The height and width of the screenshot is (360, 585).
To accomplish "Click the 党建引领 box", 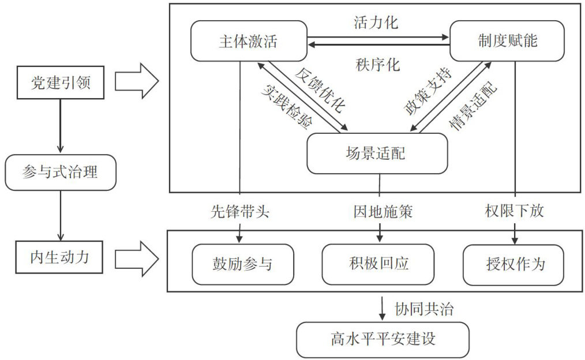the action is pyautogui.click(x=61, y=82).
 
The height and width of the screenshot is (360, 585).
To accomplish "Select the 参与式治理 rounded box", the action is pyautogui.click(x=61, y=172).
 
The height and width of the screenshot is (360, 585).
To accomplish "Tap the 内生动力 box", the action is pyautogui.click(x=59, y=257).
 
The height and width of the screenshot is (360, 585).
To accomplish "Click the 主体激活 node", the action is pyautogui.click(x=249, y=41).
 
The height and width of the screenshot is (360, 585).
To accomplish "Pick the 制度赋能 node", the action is pyautogui.click(x=507, y=40).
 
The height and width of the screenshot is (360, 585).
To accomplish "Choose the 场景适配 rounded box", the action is pyautogui.click(x=377, y=153).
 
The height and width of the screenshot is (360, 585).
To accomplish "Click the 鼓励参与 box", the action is pyautogui.click(x=243, y=264).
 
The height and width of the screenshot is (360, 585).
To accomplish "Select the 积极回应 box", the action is pyautogui.click(x=378, y=264).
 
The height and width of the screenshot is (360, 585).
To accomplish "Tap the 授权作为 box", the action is pyautogui.click(x=513, y=264).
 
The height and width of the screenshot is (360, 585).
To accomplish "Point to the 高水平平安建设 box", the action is pyautogui.click(x=382, y=340).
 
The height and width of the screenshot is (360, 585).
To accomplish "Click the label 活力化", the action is pyautogui.click(x=376, y=22).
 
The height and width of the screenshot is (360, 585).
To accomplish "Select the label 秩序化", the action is pyautogui.click(x=377, y=65).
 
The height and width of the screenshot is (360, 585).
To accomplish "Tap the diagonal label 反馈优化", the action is pyautogui.click(x=320, y=90).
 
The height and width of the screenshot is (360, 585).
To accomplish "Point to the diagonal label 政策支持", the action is pyautogui.click(x=428, y=91).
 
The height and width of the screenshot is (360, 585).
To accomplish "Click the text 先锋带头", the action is pyautogui.click(x=240, y=212).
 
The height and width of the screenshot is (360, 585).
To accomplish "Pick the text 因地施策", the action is pyautogui.click(x=383, y=212).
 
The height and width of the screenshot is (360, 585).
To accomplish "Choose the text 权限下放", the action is pyautogui.click(x=515, y=211).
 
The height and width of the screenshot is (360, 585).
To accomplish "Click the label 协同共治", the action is pyautogui.click(x=424, y=309).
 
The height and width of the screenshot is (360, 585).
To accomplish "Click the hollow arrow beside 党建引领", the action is pyautogui.click(x=137, y=81).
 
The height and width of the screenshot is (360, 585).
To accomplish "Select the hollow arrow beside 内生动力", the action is pyautogui.click(x=137, y=258).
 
